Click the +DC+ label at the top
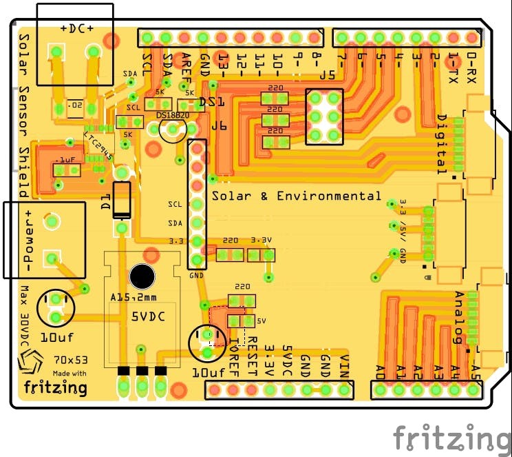click(77, 28)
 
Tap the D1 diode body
click(122, 200)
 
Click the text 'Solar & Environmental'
click(296, 196)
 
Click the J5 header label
click(327, 76)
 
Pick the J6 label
click(219, 126)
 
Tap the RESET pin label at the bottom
click(252, 351)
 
